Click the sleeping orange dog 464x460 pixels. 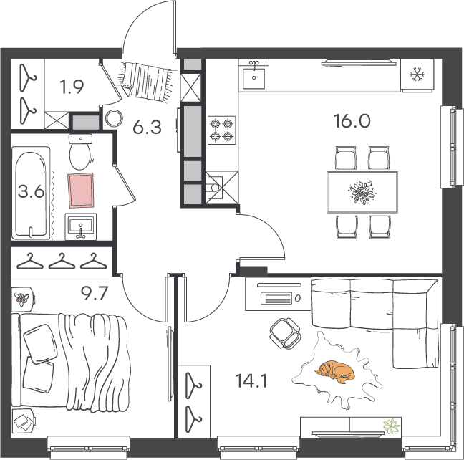[x=335, y=371]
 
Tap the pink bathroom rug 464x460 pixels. [x=81, y=190]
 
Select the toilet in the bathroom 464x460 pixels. [x=80, y=151]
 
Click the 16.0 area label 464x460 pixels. [x=352, y=121]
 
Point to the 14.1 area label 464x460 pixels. [x=251, y=381]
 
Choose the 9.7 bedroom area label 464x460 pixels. [x=95, y=294]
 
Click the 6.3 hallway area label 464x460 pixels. [x=147, y=128]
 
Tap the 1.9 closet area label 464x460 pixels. [x=72, y=87]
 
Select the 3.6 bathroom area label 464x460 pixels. [x=31, y=191]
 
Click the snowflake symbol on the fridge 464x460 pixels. [x=417, y=74]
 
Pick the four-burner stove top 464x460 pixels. [x=222, y=130]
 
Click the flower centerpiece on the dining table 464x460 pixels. [x=362, y=192]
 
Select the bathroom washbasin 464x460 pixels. [x=80, y=226]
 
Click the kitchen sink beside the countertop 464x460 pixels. [x=254, y=75]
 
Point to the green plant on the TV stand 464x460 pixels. [x=391, y=426]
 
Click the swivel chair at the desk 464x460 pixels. [x=285, y=333]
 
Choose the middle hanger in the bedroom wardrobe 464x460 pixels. [x=62, y=262]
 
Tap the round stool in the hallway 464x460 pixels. [x=114, y=119]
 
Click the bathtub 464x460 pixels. [x=31, y=193]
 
